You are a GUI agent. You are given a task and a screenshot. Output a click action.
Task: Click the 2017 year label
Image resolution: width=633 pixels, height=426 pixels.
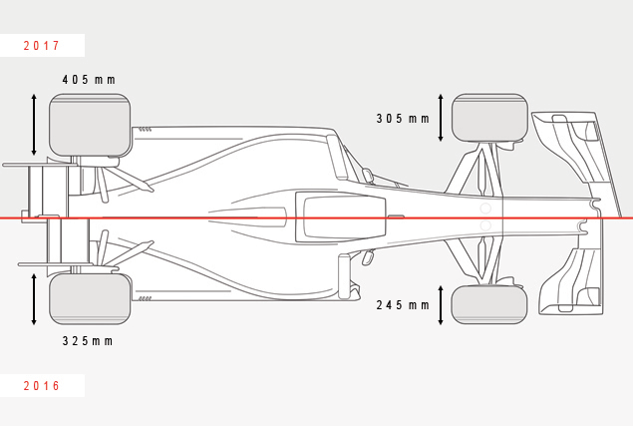click(42, 45)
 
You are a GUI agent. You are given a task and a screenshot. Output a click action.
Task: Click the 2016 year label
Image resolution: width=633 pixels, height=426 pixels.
click(42, 385)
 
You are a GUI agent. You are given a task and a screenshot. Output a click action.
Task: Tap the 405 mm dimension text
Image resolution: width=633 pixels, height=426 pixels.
click(89, 80)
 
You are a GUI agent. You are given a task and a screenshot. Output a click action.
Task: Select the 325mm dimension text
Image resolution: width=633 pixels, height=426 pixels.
click(88, 341)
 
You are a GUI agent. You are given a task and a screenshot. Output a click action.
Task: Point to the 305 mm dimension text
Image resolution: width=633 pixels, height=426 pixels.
click(403, 119)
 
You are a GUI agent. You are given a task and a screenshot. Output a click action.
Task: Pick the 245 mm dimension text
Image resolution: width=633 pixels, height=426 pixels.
click(403, 304)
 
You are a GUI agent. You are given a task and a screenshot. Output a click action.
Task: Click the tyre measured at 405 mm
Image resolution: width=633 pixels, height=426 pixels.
click(90, 125)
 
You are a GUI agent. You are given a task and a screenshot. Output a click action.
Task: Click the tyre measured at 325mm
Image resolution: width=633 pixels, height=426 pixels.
click(90, 298)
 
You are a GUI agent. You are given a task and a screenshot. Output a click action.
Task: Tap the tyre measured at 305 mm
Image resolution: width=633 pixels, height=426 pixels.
click(489, 118)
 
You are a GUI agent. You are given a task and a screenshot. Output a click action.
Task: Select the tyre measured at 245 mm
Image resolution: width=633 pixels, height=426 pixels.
click(489, 304)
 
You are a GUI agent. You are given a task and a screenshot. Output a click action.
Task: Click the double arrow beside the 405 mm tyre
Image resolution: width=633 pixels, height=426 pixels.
click(34, 125)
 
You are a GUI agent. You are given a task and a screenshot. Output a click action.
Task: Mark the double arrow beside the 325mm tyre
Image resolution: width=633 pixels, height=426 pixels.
click(34, 299)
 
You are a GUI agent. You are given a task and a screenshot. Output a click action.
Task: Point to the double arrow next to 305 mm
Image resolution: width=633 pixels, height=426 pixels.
click(441, 118)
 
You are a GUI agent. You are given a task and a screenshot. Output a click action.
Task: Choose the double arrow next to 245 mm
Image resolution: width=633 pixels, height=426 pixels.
click(441, 305)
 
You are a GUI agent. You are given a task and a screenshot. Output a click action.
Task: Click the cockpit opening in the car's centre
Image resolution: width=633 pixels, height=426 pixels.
click(341, 217)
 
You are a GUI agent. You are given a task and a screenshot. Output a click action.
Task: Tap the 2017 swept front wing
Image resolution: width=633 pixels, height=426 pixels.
click(577, 162)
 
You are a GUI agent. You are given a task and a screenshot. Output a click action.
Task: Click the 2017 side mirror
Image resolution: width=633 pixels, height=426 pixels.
click(368, 176)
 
